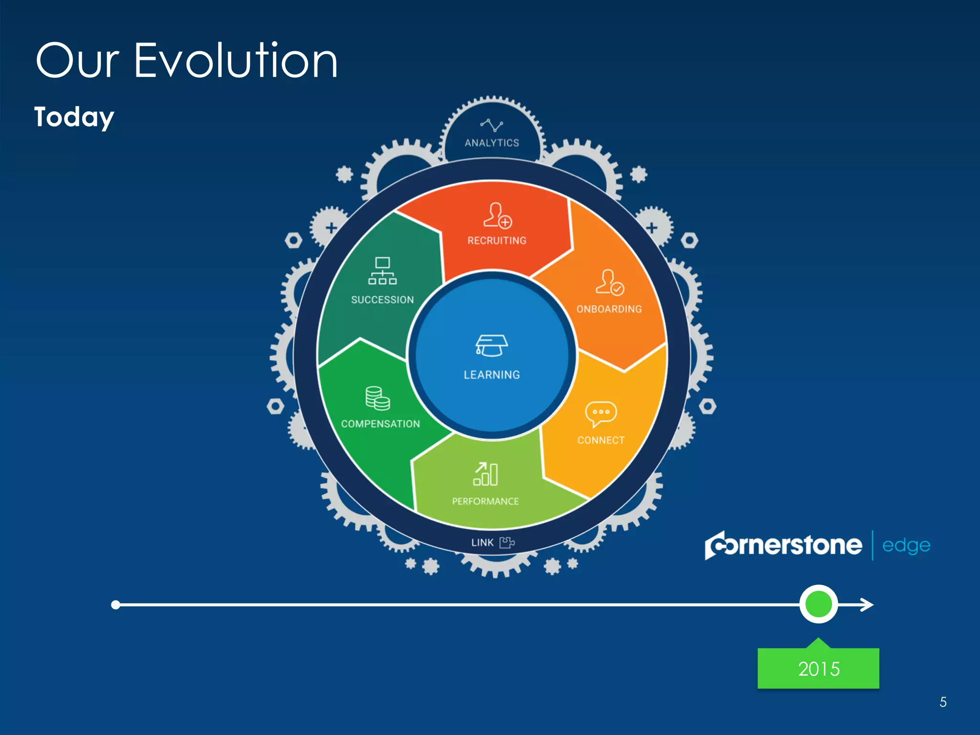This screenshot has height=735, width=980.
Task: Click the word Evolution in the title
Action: tap(235, 61)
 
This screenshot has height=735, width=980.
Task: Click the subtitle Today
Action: tap(74, 117)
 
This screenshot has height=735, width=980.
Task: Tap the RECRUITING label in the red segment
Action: tap(497, 241)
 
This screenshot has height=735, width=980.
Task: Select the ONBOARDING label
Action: tap(609, 309)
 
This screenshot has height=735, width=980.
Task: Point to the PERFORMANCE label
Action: tap(485, 501)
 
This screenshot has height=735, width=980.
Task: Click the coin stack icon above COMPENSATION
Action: tap(378, 399)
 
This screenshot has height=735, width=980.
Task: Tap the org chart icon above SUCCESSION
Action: tap(382, 271)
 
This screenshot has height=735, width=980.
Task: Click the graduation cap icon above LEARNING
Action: tap(491, 345)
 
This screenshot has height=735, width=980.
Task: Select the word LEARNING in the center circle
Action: tap(491, 375)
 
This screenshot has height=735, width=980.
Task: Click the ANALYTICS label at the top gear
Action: tap(491, 143)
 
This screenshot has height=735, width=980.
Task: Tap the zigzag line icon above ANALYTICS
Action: tap(491, 125)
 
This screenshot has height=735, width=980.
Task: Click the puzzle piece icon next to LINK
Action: tap(507, 542)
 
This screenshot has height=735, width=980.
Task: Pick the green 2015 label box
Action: tap(818, 668)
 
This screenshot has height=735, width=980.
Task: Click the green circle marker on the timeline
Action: tap(818, 604)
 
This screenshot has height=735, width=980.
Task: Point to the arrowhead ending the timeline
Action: tap(868, 605)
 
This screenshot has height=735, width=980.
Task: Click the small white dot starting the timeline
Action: tap(115, 605)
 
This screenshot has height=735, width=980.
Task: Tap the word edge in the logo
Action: tap(906, 546)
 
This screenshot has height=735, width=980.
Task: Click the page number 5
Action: tap(943, 702)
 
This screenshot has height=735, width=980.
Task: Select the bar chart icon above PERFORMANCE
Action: tap(486, 474)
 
